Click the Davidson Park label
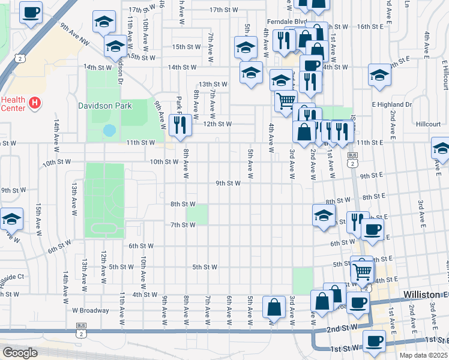[104, 106]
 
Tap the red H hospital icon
[35, 103]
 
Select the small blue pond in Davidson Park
[109, 130]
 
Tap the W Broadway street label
[91, 311]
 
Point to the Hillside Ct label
[12, 277]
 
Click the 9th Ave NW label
[74, 34]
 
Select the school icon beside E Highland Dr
[379, 75]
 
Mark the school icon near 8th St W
[324, 215]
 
